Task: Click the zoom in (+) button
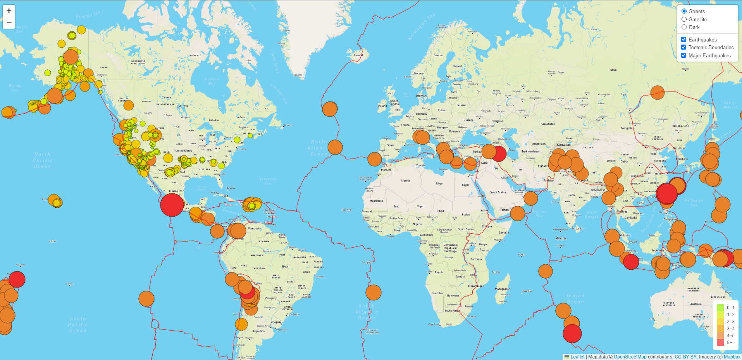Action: (x=9, y=11)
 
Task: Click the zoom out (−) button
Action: (x=9, y=23)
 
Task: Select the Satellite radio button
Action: (x=684, y=19)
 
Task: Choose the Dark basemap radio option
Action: (x=684, y=27)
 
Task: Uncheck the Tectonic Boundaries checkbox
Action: (x=683, y=47)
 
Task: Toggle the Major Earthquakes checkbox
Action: (x=683, y=55)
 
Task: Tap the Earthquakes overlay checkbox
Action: (x=683, y=40)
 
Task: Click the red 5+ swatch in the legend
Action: (x=720, y=343)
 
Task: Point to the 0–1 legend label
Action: (x=730, y=308)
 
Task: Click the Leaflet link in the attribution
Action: (x=577, y=357)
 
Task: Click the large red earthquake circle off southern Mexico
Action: (x=172, y=205)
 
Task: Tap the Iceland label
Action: (x=358, y=55)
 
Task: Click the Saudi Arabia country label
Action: (x=498, y=192)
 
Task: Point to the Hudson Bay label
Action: (x=212, y=81)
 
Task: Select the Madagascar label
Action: (x=502, y=289)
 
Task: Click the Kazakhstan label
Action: (x=547, y=124)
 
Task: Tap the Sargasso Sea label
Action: (x=267, y=181)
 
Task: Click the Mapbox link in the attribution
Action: (x=732, y=357)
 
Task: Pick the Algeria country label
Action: (x=405, y=181)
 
